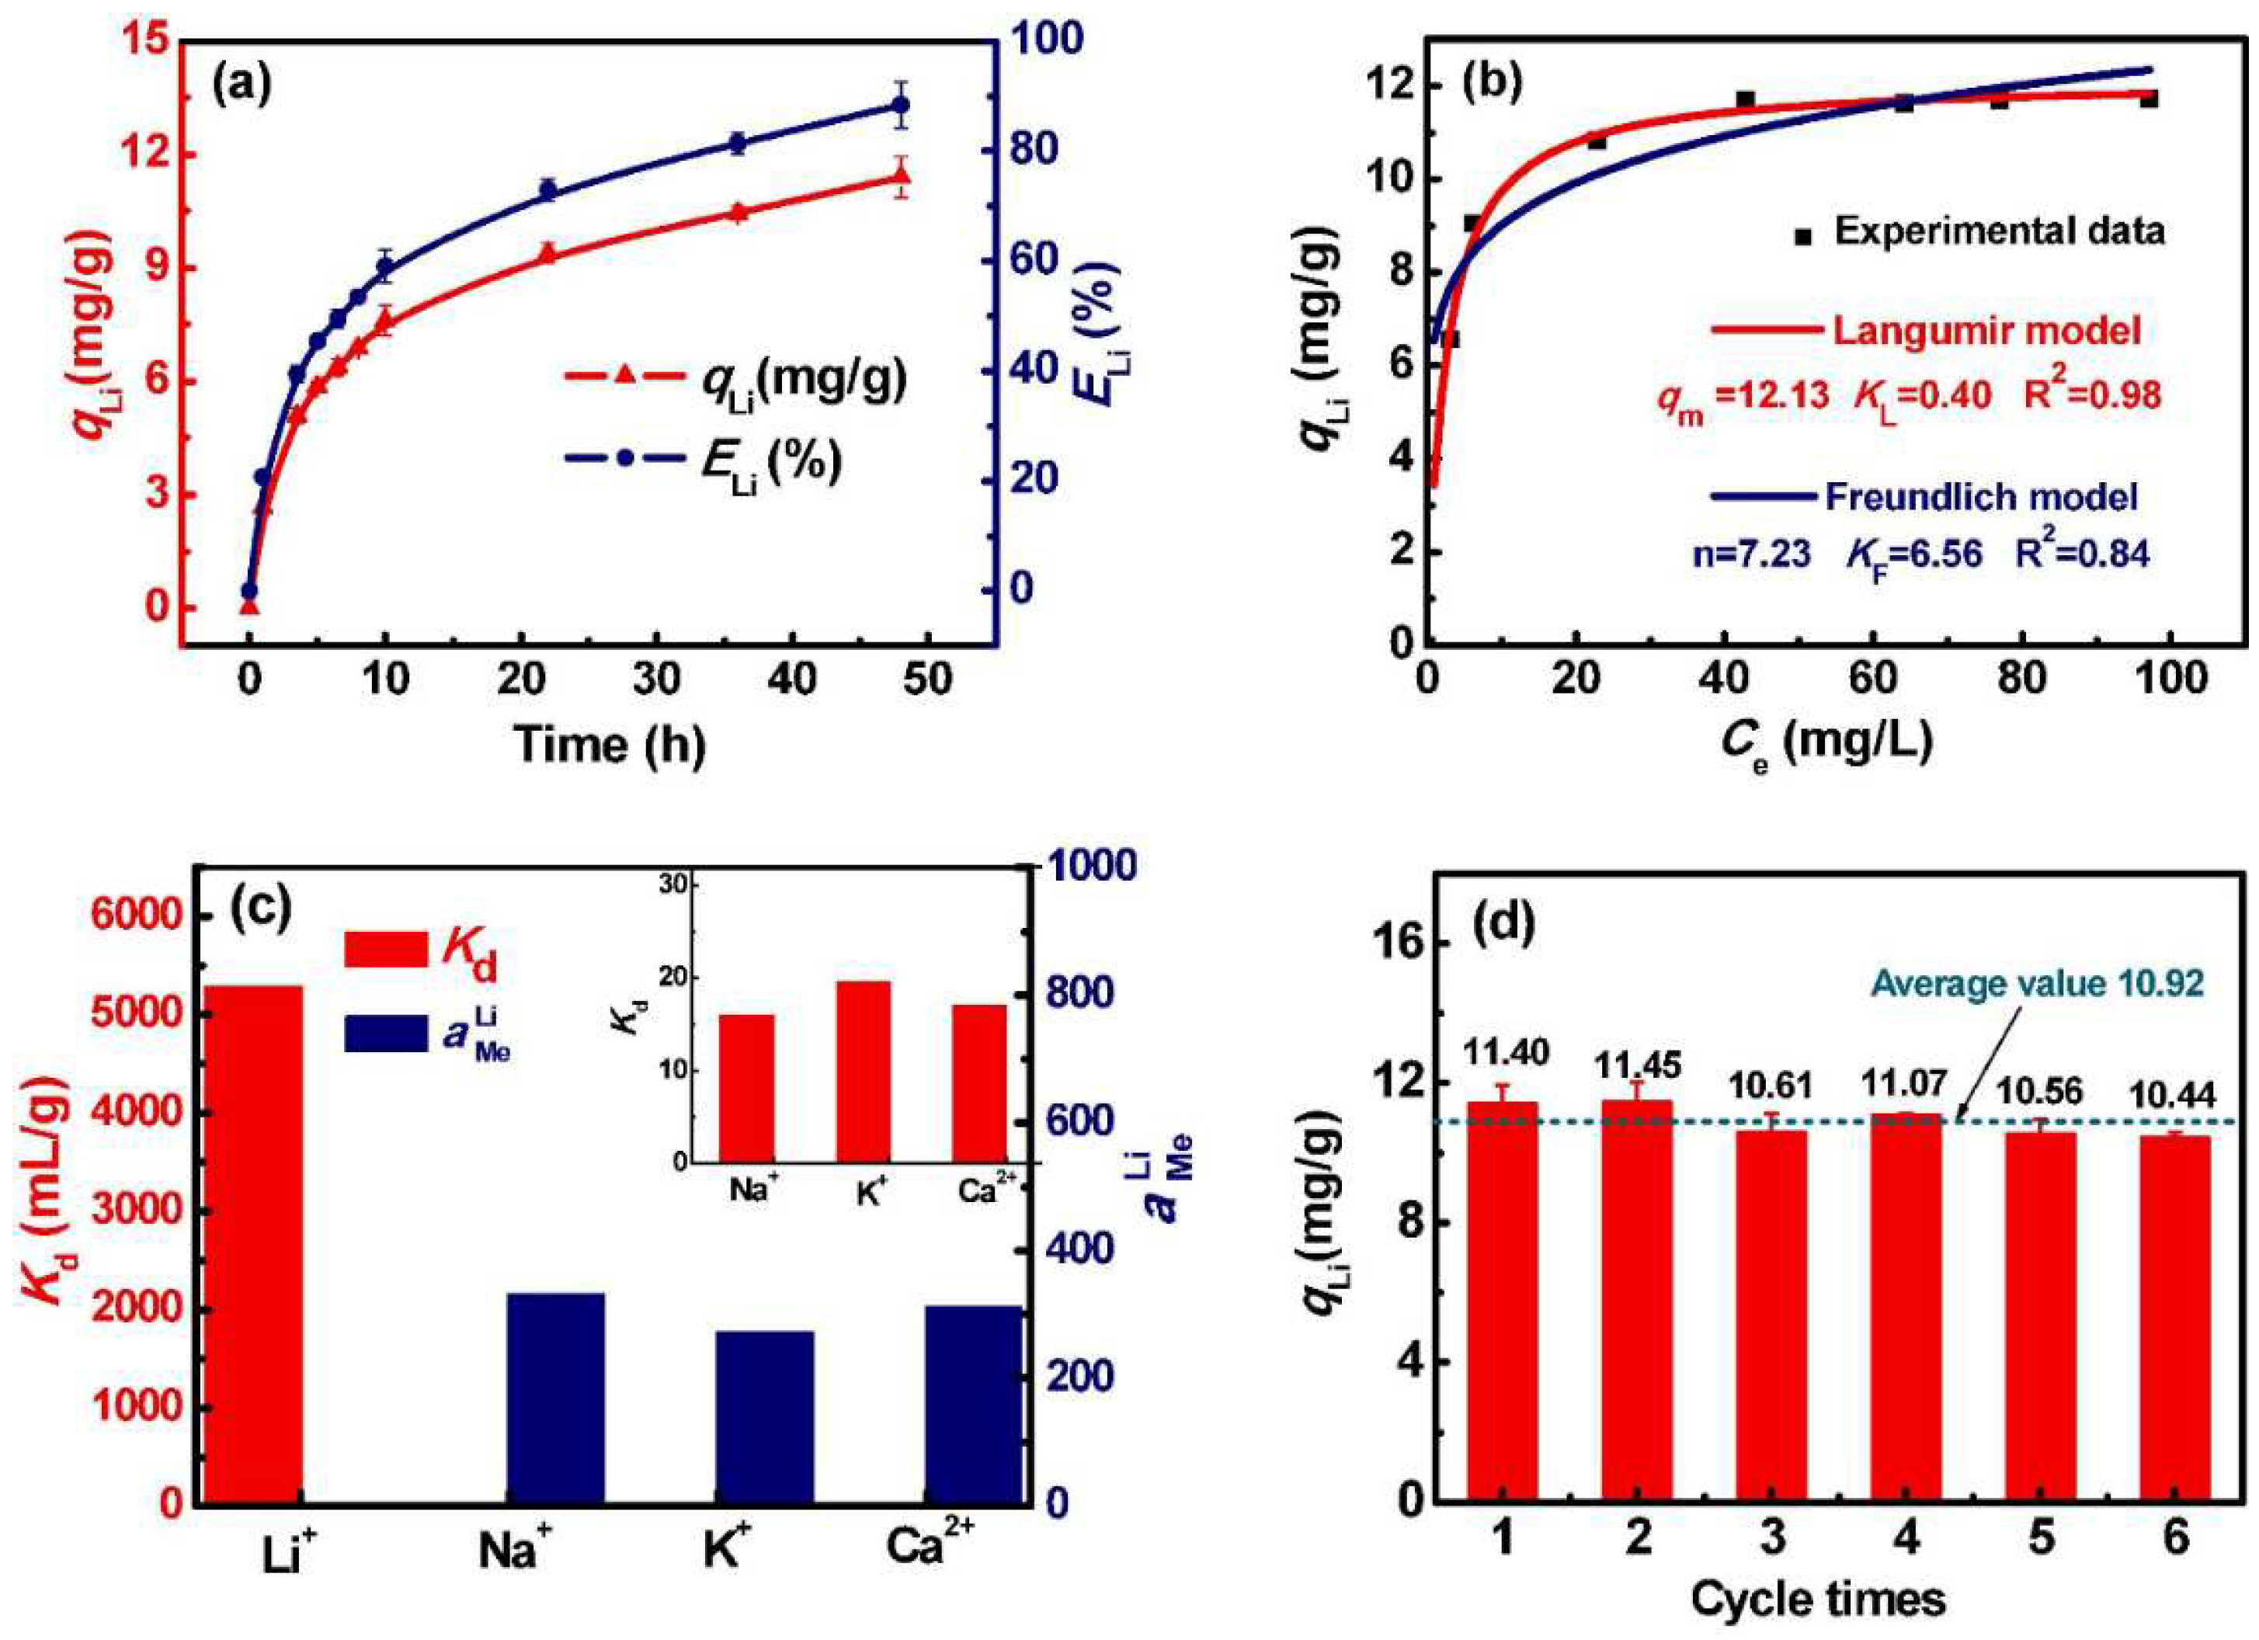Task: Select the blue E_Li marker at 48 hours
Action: pos(902,105)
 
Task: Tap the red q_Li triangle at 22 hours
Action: pos(546,253)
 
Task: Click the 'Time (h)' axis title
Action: pos(610,744)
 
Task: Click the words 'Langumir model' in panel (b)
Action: pos(1986,331)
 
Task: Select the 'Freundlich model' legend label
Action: pos(1981,496)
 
